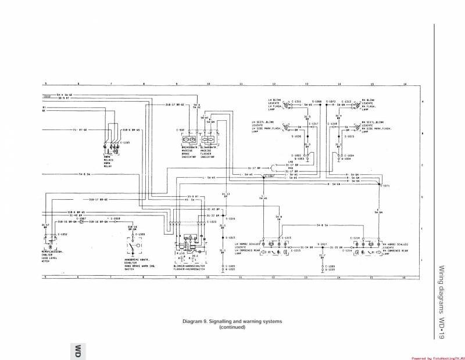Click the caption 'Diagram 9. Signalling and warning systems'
coord(232,321)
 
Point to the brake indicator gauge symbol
coord(189,140)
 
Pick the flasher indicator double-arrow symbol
coord(209,140)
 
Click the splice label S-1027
coord(322,243)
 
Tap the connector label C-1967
coord(83,218)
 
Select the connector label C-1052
coord(63,233)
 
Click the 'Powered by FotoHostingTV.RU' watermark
coord(436,358)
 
